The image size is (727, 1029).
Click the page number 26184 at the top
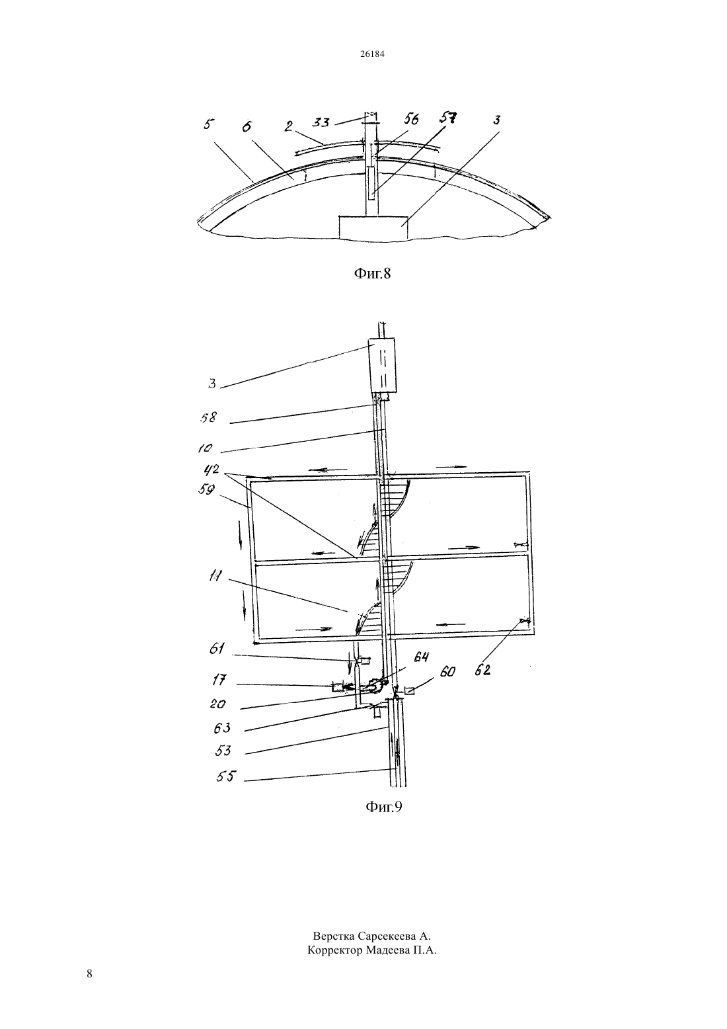coord(371,54)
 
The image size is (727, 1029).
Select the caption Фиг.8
coord(372,274)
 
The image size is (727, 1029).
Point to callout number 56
coord(411,120)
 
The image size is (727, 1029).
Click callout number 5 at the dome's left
coord(208,124)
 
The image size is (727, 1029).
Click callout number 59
coord(207,489)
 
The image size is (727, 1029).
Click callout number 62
coord(482,670)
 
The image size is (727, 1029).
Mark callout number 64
coord(422,657)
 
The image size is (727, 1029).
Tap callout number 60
coord(447,671)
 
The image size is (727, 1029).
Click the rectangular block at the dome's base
coord(373,227)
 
